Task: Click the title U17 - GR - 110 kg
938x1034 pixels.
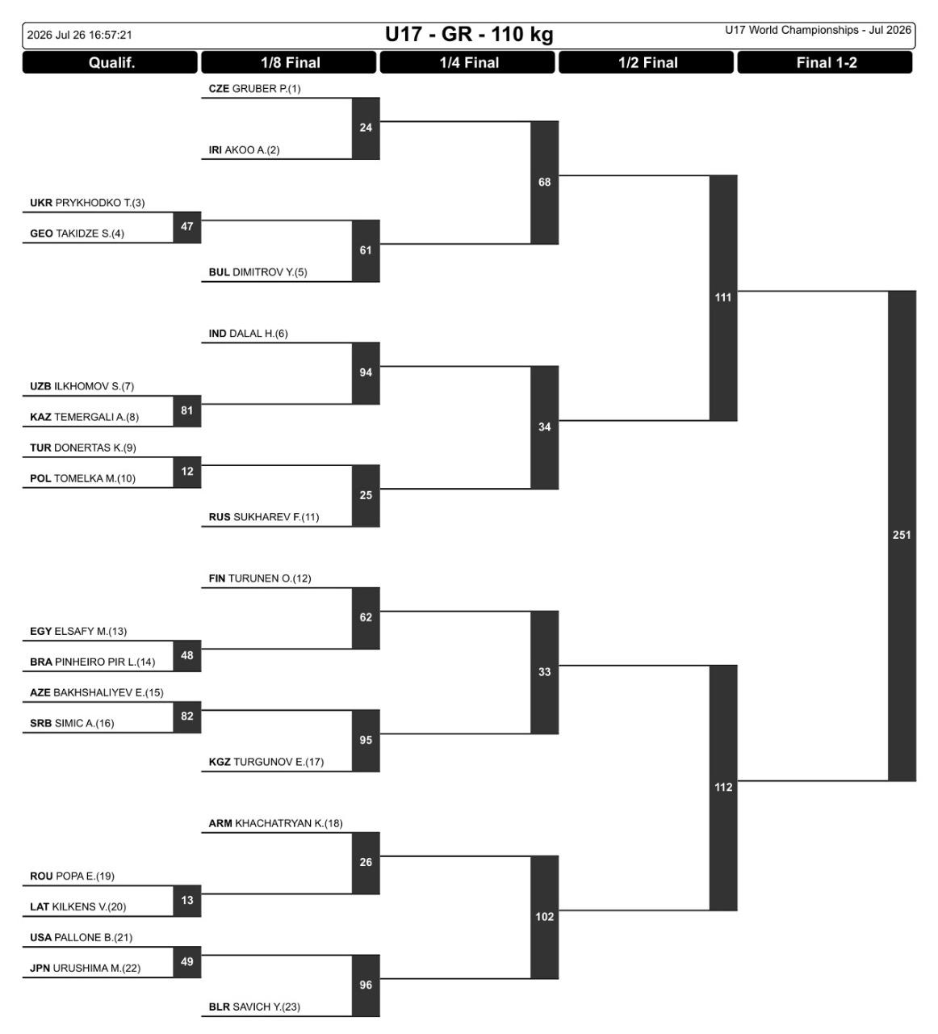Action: pos(469,35)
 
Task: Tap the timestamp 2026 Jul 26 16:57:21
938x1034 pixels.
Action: pos(79,35)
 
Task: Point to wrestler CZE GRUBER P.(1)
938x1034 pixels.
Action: pos(254,89)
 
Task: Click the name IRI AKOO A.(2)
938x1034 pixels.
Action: pos(244,150)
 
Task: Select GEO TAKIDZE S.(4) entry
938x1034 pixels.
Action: pos(77,233)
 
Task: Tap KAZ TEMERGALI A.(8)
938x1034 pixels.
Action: pos(85,417)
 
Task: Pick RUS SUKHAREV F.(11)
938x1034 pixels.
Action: pos(264,517)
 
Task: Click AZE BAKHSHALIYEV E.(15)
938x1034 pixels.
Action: pos(97,693)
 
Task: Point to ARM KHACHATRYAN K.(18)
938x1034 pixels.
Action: pos(275,823)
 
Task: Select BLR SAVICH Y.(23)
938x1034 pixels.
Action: pos(254,1007)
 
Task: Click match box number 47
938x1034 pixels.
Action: pos(187,227)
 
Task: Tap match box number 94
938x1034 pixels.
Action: pos(366,372)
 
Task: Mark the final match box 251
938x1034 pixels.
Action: pos(902,536)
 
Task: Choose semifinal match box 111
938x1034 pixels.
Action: pos(723,297)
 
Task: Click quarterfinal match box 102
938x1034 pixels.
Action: pos(544,917)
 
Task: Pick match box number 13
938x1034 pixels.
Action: pos(187,901)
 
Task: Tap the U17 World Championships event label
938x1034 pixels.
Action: pos(818,30)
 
